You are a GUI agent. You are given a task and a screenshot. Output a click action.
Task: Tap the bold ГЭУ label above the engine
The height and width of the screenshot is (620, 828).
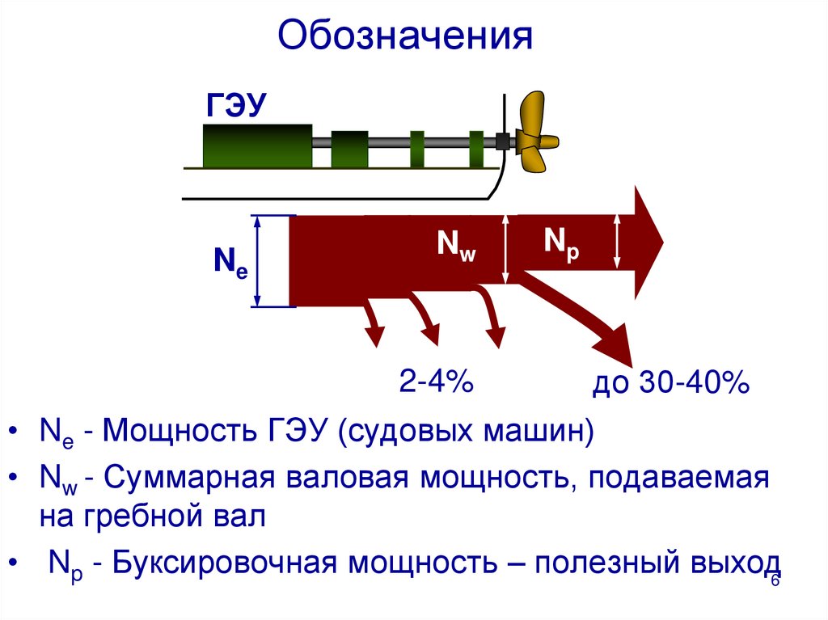click(x=237, y=106)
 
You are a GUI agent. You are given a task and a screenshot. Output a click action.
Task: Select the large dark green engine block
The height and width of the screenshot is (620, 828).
click(x=257, y=146)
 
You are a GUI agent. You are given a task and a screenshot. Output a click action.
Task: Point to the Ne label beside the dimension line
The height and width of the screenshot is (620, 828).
click(x=230, y=263)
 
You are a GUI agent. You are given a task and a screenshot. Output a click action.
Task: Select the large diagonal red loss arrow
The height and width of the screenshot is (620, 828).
click(x=582, y=315)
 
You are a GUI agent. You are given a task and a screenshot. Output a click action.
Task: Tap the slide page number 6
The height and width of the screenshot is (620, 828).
click(x=774, y=583)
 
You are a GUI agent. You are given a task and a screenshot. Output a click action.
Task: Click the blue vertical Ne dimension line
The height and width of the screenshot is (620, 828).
click(x=258, y=261)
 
